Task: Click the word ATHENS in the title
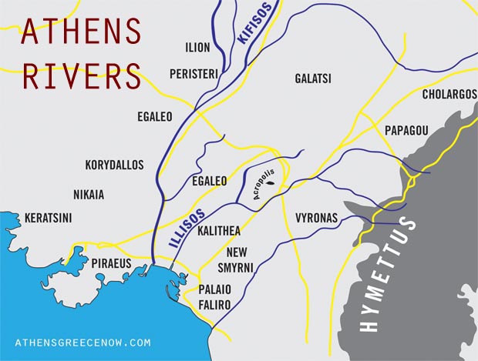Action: point(80,32)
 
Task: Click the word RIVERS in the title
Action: point(80,77)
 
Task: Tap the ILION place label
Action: point(197,48)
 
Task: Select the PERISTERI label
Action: point(194,73)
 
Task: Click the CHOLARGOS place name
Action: point(449,95)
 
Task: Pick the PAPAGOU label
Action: point(406,131)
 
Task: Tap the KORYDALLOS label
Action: point(115,165)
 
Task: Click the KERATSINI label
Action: point(48,218)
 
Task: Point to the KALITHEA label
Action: point(219,231)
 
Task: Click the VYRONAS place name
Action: point(316,219)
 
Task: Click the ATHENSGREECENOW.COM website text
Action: point(82,343)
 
